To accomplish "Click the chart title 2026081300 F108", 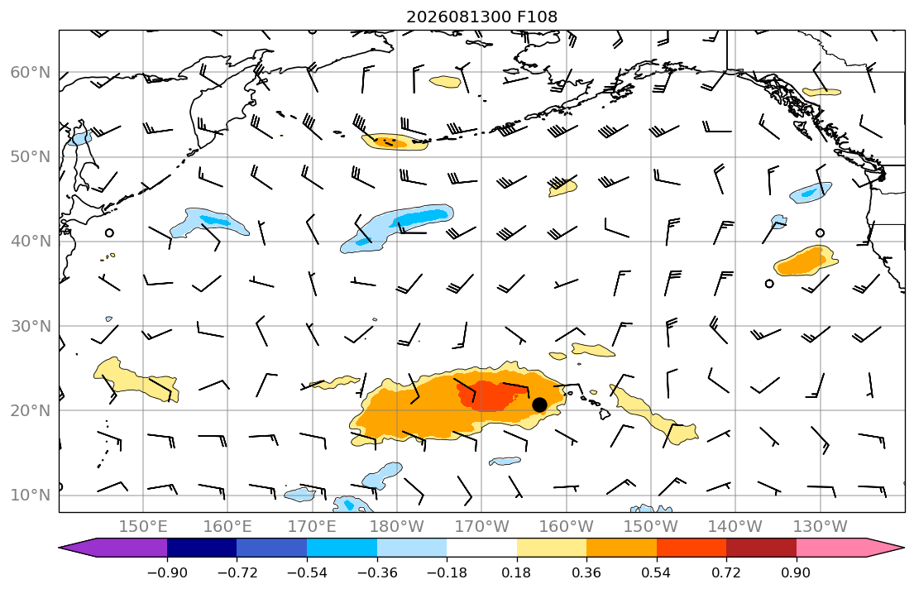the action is [481, 17].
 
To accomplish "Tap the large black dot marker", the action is [539, 405].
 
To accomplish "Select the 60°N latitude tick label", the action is [31, 72].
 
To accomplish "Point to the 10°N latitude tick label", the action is [31, 496].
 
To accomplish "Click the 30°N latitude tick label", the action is [31, 326].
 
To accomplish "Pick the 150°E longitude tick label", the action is [143, 527].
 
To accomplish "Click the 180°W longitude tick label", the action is [397, 527].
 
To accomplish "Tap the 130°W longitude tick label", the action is [821, 527].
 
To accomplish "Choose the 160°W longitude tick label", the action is [566, 527].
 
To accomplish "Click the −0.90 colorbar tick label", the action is [167, 573].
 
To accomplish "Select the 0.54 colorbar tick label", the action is [657, 573].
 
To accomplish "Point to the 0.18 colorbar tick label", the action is [516, 573].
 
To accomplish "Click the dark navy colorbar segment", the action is [202, 548].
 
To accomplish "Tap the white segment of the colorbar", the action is [481, 548].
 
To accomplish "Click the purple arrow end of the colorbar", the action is [112, 548].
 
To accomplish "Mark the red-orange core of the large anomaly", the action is [490, 395].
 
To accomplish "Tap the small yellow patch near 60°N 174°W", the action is [445, 82].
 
